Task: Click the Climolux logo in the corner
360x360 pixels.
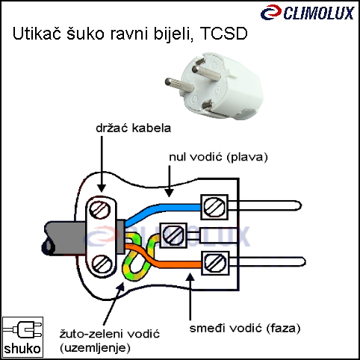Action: (307, 13)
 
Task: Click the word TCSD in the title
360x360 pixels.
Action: (223, 34)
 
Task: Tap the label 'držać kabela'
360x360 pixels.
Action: (134, 128)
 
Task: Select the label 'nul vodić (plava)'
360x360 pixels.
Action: (218, 157)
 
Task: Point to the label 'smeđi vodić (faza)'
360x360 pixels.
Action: (245, 329)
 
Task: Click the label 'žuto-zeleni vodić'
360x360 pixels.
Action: (110, 334)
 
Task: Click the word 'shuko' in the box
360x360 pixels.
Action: (22, 349)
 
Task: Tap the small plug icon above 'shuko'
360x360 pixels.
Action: (23, 329)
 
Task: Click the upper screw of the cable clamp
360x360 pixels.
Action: (100, 210)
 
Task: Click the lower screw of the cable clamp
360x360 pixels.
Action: (102, 264)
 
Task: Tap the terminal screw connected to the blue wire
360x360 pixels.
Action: (214, 207)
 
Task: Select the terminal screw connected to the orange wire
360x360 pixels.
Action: (215, 263)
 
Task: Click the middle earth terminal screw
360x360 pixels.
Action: (173, 235)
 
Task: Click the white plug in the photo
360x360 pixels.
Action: (214, 86)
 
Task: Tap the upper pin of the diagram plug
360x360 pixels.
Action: (264, 205)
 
